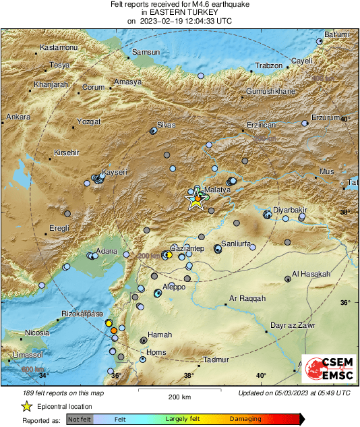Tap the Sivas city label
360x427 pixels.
[x=166, y=125]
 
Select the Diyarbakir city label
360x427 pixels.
[x=290, y=210]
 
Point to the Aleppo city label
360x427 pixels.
[x=175, y=287]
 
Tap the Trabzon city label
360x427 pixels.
[x=268, y=65]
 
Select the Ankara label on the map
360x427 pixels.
[x=18, y=117]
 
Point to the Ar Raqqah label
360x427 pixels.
[x=248, y=297]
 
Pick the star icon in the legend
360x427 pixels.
[x=26, y=406]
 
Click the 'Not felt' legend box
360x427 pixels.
[x=80, y=419]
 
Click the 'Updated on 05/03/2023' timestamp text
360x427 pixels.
[x=294, y=393]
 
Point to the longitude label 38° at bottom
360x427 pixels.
[x=188, y=376]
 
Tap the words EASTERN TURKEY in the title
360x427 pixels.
[x=179, y=13]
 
